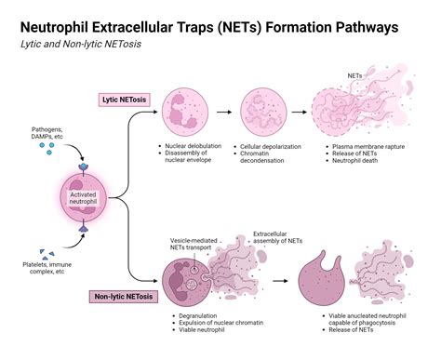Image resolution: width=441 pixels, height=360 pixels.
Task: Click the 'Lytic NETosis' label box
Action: (126, 100)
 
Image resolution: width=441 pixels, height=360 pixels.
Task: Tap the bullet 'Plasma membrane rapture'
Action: (364, 147)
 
